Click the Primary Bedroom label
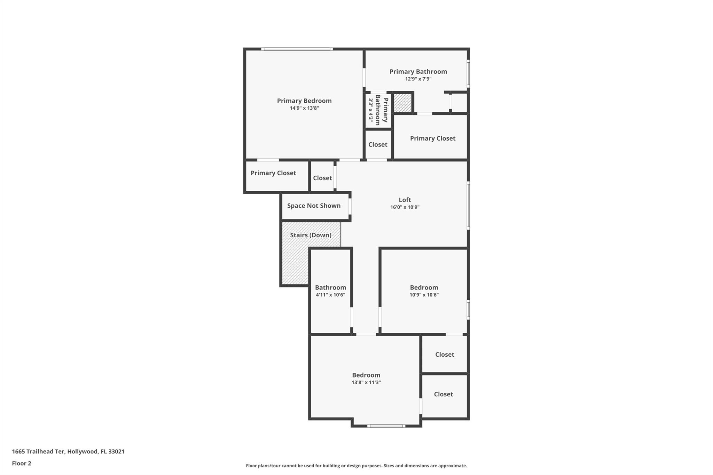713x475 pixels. coord(304,101)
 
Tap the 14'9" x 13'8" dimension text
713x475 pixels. coord(304,108)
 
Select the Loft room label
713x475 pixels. coord(405,200)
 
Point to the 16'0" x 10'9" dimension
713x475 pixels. coord(405,207)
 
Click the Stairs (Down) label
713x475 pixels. coord(311,235)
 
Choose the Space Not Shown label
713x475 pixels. coord(314,206)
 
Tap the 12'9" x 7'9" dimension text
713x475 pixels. coord(418,79)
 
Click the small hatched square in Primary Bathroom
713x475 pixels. coord(402,103)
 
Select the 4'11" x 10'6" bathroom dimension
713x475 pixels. coord(330,295)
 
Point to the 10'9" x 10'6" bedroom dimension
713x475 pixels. coord(424,295)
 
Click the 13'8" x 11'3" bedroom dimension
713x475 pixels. coord(366,382)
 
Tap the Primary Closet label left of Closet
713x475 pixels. coord(273,173)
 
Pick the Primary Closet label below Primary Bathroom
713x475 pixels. coord(432,138)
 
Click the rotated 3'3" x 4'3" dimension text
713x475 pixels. coord(371,111)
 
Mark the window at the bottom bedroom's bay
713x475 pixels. coord(386,426)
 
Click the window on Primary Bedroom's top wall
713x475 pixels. coord(297,49)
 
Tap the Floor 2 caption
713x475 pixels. coord(22,463)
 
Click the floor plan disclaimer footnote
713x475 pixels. coord(356,466)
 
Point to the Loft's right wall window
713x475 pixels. coord(468,206)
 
